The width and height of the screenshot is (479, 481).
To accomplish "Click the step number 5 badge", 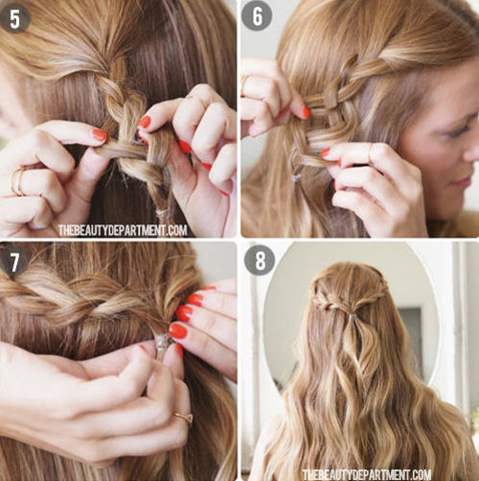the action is coord(15,18).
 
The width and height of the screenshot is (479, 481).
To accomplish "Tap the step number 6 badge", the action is coord(257,15).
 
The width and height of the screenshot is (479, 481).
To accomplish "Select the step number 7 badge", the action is coord(14,263).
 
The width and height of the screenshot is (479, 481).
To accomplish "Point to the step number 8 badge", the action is coord(260,261).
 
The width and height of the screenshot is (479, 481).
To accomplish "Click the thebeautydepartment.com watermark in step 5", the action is coord(123,230).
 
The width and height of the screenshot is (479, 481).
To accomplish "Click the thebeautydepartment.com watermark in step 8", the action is coord(367,474).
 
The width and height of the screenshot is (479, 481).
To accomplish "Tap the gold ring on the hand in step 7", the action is coord(184,418).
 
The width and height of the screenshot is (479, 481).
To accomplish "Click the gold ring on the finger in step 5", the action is coord(18,181).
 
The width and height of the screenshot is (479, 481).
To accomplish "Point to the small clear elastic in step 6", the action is coord(297,176).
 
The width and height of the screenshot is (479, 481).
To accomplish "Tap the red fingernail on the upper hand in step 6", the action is coord(306,112).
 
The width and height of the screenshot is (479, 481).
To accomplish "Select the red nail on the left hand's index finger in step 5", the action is coord(100,135).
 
